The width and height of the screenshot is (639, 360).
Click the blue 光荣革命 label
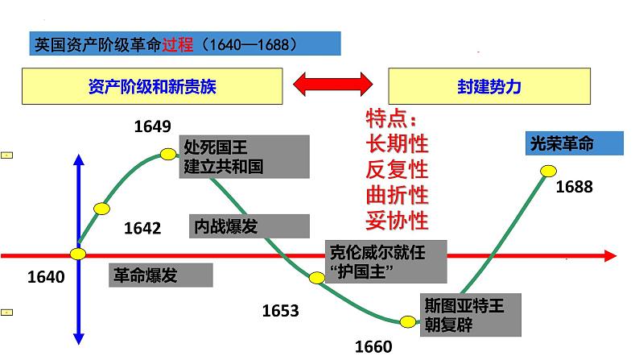point(573,144)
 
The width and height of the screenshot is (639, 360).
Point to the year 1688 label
point(574,186)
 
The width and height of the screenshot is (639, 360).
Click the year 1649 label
point(152,126)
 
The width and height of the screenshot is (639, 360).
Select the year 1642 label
point(142,229)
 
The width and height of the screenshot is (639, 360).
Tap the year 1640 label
point(45,277)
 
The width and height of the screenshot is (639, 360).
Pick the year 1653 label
point(280,310)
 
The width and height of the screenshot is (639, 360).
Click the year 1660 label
point(373,346)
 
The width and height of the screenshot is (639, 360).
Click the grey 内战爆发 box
point(249,226)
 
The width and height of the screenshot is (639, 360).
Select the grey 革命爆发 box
point(161,275)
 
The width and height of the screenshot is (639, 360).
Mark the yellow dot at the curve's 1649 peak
point(168,153)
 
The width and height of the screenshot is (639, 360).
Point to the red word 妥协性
point(397,220)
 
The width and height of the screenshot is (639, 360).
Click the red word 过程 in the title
point(178,44)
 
